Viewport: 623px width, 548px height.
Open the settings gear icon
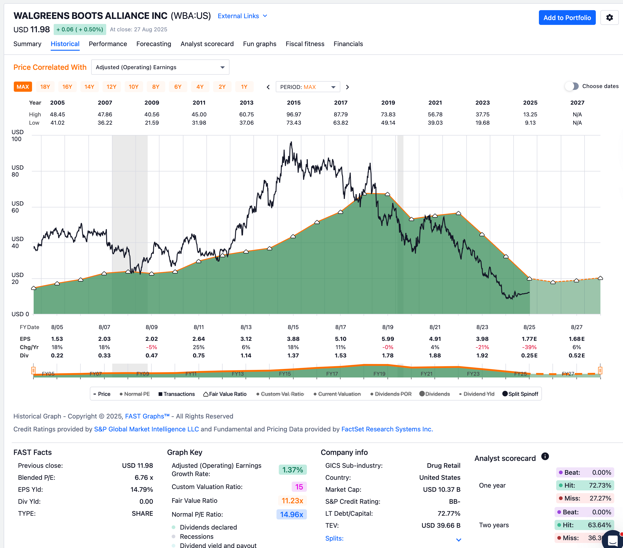[x=609, y=18]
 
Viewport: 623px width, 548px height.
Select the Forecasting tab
[x=154, y=44]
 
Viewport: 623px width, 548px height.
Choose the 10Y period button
[x=133, y=87]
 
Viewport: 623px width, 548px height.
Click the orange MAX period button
[x=23, y=87]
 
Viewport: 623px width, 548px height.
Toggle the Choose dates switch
[x=572, y=86]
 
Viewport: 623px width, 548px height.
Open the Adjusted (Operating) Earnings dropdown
[x=160, y=67]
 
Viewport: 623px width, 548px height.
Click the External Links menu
[x=242, y=16]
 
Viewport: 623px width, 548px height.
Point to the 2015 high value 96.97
[x=294, y=115]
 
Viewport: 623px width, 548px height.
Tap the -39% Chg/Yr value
[x=529, y=347]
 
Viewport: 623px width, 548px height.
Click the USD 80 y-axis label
[x=17, y=171]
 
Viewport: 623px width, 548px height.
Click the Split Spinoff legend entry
[x=520, y=394]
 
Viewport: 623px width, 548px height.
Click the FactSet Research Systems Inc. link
[x=387, y=429]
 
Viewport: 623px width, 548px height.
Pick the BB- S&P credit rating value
[x=454, y=501]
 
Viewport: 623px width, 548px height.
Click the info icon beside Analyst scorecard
[x=545, y=456]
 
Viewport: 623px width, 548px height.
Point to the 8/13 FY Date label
[x=246, y=327]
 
